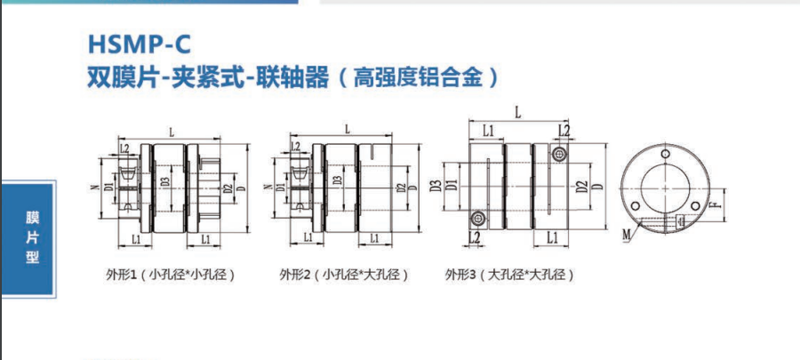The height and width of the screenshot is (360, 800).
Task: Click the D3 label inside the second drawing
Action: (x=336, y=185)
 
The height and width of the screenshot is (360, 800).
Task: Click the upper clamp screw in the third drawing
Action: (x=563, y=155)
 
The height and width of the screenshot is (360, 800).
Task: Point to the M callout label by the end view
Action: (x=628, y=235)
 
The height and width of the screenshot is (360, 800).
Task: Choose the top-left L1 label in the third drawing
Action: (x=488, y=131)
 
